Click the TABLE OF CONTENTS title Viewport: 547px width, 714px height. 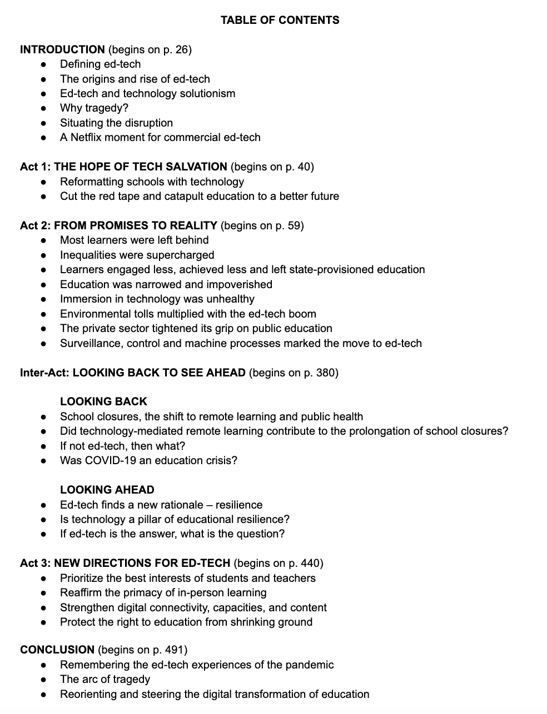click(x=280, y=20)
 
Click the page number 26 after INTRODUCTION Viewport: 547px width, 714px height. click(x=182, y=49)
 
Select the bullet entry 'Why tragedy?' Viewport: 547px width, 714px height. click(x=94, y=108)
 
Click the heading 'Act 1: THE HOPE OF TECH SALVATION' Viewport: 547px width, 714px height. click(x=123, y=167)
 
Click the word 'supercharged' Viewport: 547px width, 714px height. click(x=182, y=255)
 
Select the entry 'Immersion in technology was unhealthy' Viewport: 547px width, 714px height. click(x=157, y=299)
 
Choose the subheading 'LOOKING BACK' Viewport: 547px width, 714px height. click(x=103, y=401)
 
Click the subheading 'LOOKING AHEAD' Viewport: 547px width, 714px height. click(x=107, y=490)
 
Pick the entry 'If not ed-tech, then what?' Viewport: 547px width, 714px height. click(x=122, y=446)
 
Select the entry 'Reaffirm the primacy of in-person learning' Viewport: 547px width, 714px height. click(x=163, y=592)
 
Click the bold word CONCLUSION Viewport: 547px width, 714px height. click(x=57, y=650)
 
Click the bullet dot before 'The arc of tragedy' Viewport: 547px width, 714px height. click(x=44, y=680)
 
